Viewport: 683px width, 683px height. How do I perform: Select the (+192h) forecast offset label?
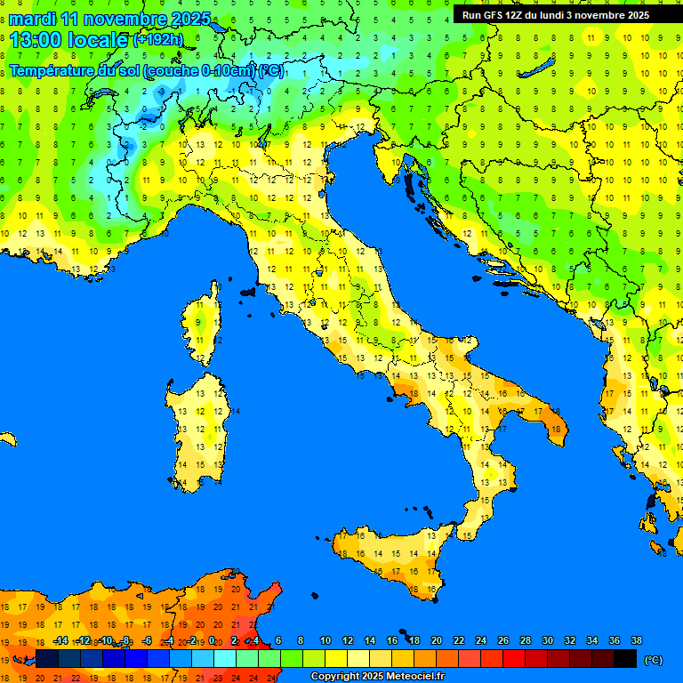point(158,40)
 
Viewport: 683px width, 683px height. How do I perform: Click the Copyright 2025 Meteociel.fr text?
point(377,677)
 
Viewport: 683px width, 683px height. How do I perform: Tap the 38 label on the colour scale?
point(636,640)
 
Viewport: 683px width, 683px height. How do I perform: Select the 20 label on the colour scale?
point(437,640)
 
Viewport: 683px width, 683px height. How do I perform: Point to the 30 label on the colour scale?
point(547,640)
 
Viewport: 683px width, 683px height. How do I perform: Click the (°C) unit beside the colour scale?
point(653,660)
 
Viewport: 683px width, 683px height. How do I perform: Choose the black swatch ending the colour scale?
point(625,658)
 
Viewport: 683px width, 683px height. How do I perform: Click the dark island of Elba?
point(248,291)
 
